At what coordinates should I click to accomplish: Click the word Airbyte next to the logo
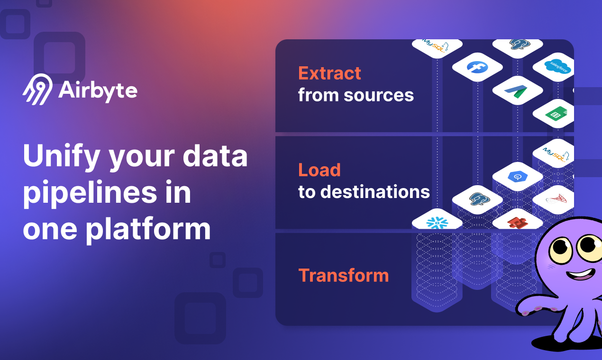click(x=98, y=90)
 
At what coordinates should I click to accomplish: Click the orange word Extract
click(x=329, y=73)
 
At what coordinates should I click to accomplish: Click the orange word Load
click(x=319, y=170)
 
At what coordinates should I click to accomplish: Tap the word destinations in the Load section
click(x=375, y=192)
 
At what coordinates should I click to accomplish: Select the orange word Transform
click(x=343, y=275)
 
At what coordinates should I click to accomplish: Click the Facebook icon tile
click(x=477, y=67)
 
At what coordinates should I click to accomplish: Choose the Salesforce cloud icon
click(x=557, y=67)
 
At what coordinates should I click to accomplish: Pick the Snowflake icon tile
click(x=437, y=222)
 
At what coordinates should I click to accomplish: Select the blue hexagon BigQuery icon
click(x=517, y=176)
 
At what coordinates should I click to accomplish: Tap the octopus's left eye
click(x=561, y=247)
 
